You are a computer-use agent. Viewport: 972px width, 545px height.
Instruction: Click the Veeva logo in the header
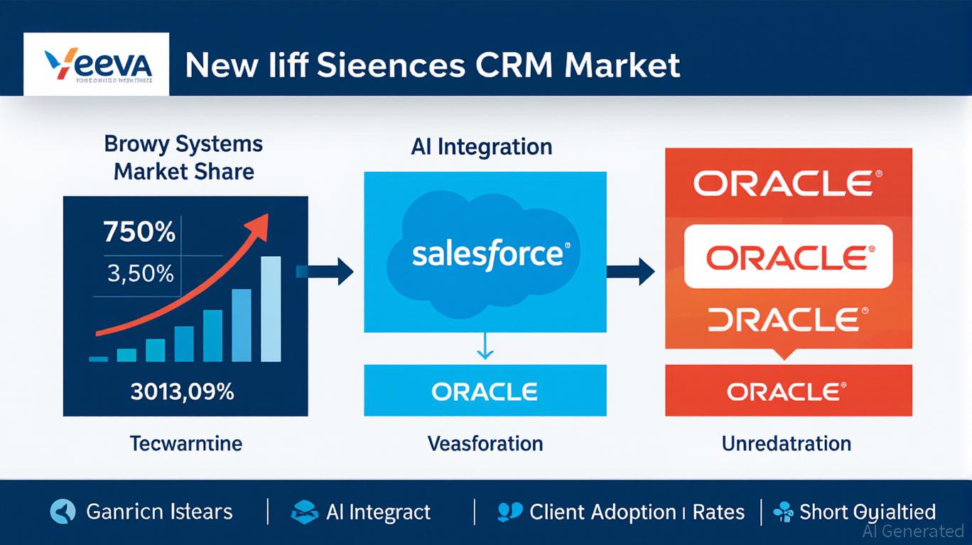(x=96, y=65)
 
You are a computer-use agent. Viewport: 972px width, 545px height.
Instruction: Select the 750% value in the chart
(x=139, y=232)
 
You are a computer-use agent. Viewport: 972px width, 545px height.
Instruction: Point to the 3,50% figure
(x=141, y=273)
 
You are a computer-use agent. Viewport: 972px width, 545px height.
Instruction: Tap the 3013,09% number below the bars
(x=182, y=391)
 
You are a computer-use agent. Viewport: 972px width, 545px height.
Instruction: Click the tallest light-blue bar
(x=271, y=309)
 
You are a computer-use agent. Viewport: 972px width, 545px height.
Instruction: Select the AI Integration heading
(x=481, y=147)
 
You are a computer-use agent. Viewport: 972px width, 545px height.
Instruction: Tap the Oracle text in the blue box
(x=485, y=391)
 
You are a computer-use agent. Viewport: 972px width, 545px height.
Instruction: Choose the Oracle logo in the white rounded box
(x=787, y=257)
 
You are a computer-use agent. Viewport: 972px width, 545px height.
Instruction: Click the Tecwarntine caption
(x=185, y=444)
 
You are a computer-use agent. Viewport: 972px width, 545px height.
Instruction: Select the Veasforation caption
(x=485, y=444)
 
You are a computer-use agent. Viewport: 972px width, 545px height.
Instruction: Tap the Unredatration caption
(x=786, y=444)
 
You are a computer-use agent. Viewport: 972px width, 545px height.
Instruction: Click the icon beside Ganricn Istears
(x=62, y=511)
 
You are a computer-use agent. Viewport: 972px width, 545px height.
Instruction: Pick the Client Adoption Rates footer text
(x=637, y=512)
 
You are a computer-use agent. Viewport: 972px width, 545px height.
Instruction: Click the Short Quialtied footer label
(x=867, y=512)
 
